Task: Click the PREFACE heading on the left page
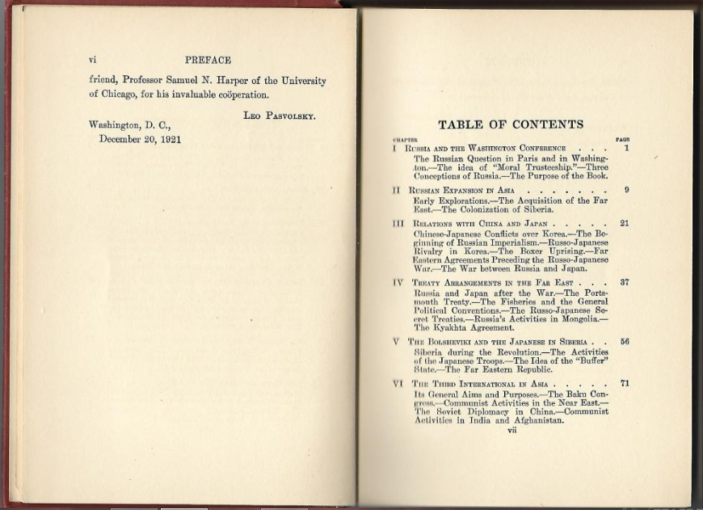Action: click(208, 60)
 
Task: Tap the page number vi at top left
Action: click(93, 60)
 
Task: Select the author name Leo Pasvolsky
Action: click(279, 116)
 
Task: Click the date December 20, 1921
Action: click(140, 139)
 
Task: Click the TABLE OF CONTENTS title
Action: click(510, 124)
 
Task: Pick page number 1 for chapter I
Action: click(625, 148)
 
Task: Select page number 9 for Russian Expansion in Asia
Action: click(625, 190)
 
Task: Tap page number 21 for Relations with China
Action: click(624, 223)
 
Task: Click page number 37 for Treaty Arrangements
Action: click(624, 282)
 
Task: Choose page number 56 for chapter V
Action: click(625, 342)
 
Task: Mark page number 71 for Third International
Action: click(625, 383)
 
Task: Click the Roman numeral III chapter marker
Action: click(398, 224)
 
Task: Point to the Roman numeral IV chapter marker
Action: click(398, 283)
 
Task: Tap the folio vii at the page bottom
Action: click(511, 430)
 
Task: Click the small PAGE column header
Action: click(622, 139)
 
